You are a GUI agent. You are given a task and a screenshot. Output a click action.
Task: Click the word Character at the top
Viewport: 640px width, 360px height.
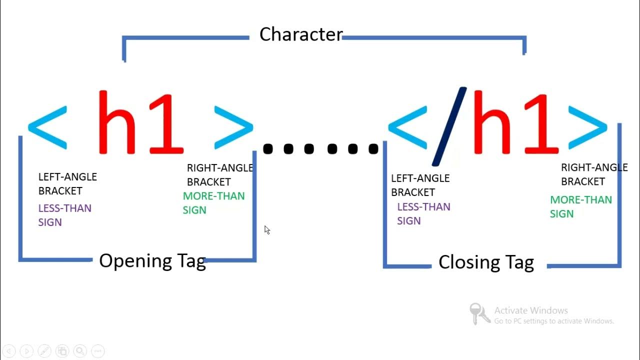(301, 34)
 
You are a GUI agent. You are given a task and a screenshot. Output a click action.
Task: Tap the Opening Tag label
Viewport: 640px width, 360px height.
(152, 261)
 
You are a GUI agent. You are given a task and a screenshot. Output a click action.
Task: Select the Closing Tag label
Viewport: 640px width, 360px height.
(486, 262)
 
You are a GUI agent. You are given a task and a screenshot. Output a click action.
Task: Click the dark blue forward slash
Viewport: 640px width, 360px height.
(449, 126)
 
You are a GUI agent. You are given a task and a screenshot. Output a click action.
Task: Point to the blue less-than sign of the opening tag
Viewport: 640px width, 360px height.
(47, 127)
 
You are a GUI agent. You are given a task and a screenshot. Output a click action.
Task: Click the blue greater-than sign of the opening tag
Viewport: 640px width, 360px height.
(233, 127)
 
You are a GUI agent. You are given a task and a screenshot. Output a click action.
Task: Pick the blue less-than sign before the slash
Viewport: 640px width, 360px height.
(407, 127)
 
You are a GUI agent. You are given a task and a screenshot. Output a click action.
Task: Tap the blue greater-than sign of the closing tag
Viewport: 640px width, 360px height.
(587, 127)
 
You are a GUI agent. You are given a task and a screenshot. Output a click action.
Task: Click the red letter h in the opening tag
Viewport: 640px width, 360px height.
(117, 122)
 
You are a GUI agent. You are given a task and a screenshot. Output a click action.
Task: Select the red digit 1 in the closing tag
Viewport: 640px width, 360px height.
(541, 124)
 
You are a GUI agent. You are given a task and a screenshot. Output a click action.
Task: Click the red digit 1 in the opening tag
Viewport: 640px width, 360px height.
(166, 124)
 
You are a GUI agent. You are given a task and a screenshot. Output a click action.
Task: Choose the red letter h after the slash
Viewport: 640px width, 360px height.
(492, 122)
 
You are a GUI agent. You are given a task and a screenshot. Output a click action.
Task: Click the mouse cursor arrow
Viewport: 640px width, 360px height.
(267, 230)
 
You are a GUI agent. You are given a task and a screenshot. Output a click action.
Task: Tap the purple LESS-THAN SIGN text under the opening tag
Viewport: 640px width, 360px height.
(65, 215)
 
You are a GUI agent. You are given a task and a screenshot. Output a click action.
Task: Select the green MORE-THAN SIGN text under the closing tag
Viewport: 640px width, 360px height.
(581, 206)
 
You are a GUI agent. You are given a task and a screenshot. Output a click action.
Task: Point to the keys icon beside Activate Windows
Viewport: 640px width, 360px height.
(479, 313)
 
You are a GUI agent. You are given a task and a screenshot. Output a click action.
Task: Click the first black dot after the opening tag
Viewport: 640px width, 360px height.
(267, 149)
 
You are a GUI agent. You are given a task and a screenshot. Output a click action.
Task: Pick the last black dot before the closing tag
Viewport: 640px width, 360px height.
(373, 149)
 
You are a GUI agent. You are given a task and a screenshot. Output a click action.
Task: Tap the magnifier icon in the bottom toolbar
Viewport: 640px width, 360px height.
(80, 351)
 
